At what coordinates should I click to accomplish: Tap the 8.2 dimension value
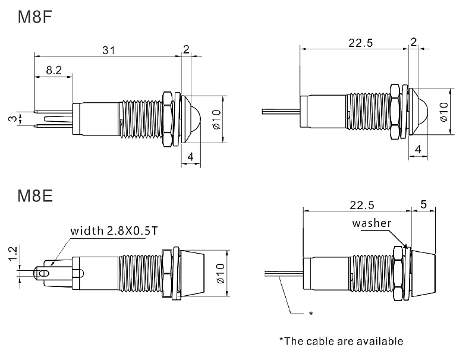(x=53, y=70)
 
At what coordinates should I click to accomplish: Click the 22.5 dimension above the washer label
(x=362, y=205)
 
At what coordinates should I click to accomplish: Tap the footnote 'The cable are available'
(x=341, y=341)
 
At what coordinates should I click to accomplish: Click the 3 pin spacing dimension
(x=11, y=119)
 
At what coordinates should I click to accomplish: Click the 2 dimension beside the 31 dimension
(x=187, y=50)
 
